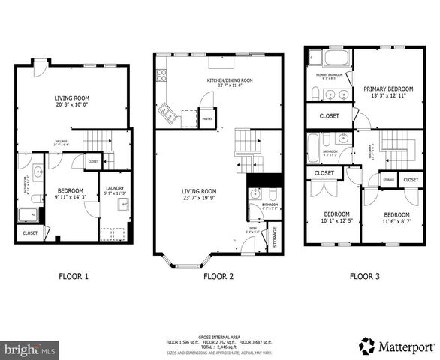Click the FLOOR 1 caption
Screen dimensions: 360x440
pos(74,276)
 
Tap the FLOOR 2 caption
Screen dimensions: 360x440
pos(218,276)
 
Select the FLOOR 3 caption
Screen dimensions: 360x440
pos(364,276)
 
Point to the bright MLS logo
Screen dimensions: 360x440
pos(30,349)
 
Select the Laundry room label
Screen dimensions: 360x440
pos(115,188)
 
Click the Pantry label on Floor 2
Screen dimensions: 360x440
pos(207,118)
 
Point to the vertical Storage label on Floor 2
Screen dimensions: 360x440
pos(274,236)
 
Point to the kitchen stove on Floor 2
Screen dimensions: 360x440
pos(161,74)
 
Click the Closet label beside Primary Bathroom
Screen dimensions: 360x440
pos(329,116)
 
